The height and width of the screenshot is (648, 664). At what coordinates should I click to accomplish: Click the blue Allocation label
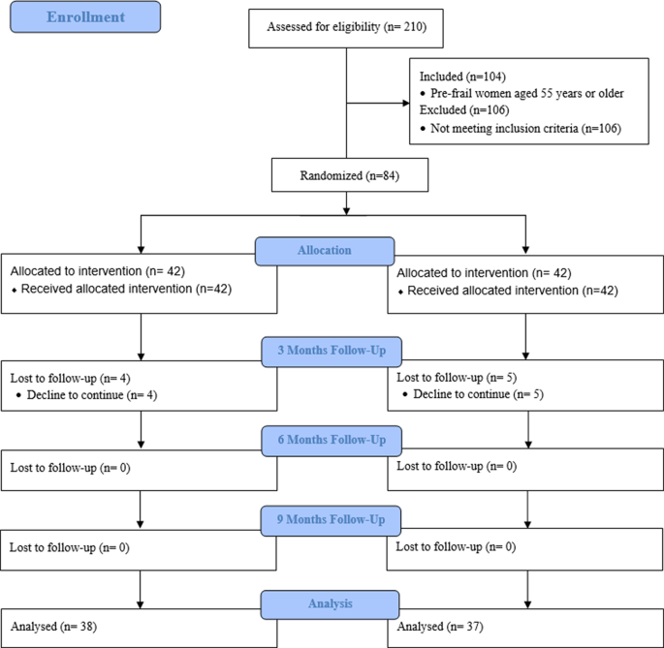326,251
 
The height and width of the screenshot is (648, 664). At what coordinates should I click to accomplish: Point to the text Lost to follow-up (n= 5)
451,378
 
